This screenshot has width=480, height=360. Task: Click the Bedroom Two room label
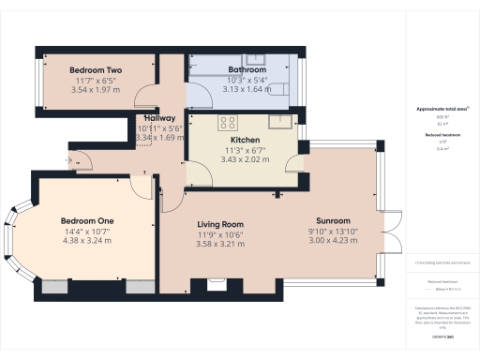(x=96, y=70)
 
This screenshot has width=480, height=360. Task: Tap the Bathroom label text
(x=247, y=70)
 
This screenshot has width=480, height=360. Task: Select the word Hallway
(x=159, y=118)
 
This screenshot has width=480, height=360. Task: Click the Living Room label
(x=220, y=224)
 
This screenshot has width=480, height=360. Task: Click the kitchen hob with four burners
(x=227, y=121)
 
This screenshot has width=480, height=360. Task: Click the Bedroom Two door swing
(x=146, y=96)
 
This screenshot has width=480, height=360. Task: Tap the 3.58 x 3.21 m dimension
(x=220, y=245)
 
